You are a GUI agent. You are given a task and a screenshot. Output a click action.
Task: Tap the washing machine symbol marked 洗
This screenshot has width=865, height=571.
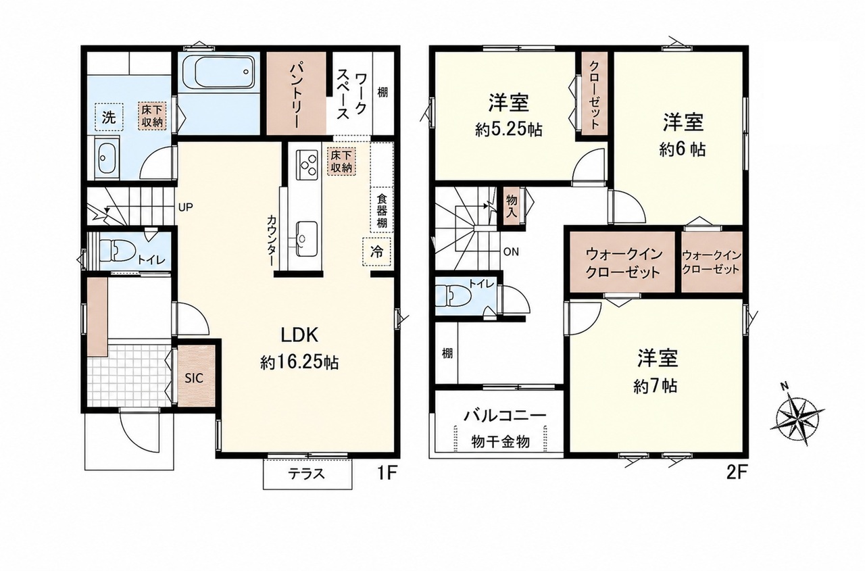[109, 117]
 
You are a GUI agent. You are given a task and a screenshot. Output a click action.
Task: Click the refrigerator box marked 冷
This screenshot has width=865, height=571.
[376, 252]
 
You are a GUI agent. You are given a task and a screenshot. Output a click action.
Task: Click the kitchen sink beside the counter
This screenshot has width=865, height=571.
[307, 239]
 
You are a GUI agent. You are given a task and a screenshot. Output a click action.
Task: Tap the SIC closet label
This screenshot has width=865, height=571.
[194, 378]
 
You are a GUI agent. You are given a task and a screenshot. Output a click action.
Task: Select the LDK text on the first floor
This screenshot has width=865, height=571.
[299, 335]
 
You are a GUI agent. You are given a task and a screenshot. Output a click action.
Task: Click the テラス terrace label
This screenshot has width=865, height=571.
[307, 474]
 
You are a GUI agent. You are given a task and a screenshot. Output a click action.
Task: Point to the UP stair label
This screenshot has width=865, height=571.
[185, 207]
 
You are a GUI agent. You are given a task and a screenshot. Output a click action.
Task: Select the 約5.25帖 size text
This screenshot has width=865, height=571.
[509, 130]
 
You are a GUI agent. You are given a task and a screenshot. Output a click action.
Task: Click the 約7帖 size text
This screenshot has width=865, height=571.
[656, 385]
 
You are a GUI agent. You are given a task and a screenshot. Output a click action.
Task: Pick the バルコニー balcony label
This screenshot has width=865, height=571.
[505, 416]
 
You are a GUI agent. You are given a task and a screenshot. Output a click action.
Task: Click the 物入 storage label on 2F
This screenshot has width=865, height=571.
[512, 207]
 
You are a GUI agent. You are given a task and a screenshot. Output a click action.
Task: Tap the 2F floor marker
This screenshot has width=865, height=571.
[735, 473]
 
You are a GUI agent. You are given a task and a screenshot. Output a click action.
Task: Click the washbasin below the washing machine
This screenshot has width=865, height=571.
[107, 157]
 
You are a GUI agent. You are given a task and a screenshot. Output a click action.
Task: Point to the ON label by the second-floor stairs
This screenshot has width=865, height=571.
[512, 252]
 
